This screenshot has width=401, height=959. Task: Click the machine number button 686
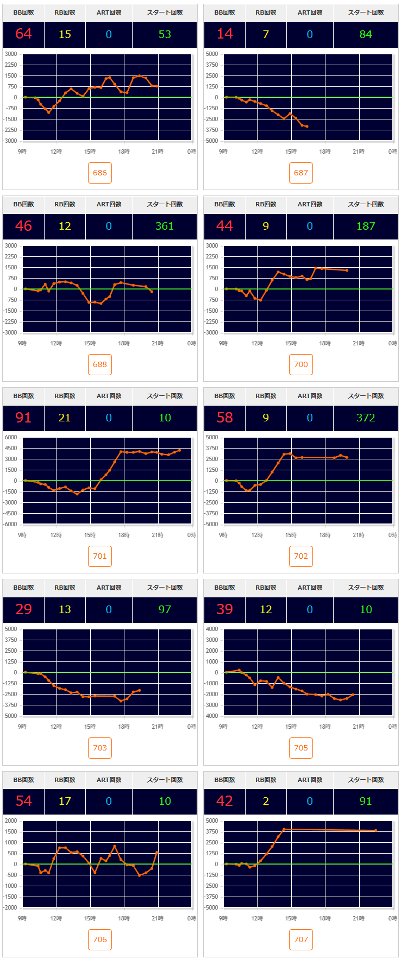[100, 173]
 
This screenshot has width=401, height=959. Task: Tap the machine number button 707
[301, 939]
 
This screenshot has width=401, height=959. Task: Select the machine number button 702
[301, 556]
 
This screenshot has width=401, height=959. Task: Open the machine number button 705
[301, 748]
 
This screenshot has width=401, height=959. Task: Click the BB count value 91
[23, 418]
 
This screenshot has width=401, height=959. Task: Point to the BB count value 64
[23, 34]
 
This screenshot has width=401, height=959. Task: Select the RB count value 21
[65, 418]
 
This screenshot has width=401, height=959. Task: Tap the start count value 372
[366, 418]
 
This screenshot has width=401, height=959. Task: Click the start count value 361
[165, 226]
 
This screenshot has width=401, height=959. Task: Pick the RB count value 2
[266, 801]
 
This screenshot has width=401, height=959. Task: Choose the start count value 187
[366, 226]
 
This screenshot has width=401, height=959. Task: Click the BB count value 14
[224, 34]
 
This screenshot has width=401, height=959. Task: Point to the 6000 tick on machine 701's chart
[11, 437]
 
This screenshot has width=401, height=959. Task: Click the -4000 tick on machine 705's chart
[211, 716]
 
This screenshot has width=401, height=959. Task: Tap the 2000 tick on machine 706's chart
[11, 821]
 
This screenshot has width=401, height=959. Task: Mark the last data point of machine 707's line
[375, 830]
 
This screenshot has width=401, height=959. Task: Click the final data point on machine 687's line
[307, 127]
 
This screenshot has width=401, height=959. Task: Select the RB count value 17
[65, 801]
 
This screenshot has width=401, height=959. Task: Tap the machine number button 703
[100, 748]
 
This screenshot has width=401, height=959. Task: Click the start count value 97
[165, 609]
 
